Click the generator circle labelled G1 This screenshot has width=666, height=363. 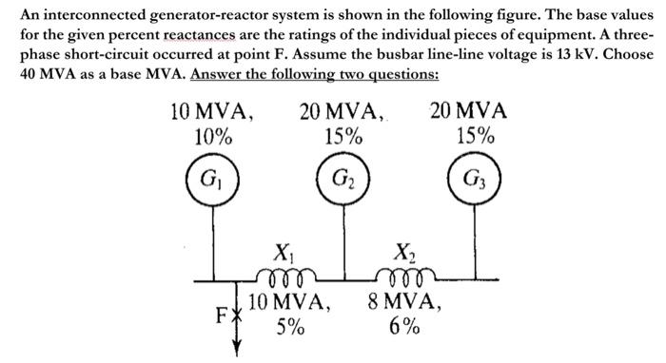pyautogui.click(x=212, y=179)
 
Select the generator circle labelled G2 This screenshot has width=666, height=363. pyautogui.click(x=341, y=179)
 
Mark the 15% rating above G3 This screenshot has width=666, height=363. pyautogui.click(x=473, y=136)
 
